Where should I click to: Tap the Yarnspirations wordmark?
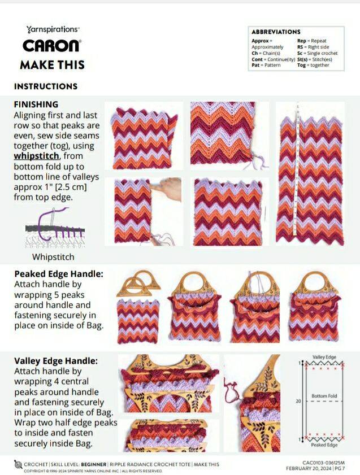(53, 29)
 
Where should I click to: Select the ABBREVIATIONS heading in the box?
(276, 32)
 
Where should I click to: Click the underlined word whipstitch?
(36, 156)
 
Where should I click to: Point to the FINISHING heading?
(36, 104)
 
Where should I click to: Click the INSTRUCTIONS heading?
(46, 86)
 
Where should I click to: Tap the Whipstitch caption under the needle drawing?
(53, 257)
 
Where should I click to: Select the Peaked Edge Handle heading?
(59, 274)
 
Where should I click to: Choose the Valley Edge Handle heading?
(56, 361)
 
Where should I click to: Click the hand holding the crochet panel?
(166, 189)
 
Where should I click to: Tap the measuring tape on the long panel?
(297, 169)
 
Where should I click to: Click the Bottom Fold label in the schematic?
(324, 396)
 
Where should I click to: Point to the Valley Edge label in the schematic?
(324, 357)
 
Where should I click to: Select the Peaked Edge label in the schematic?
(324, 445)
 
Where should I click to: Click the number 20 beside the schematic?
(298, 401)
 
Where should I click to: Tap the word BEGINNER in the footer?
(94, 464)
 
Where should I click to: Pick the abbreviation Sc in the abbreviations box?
(300, 53)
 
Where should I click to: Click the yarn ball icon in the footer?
(18, 464)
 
